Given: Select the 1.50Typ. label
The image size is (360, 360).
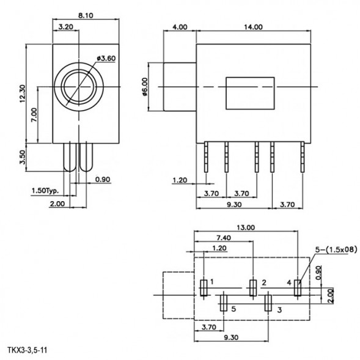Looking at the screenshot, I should pos(46,191).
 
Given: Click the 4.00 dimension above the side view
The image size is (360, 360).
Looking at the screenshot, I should pos(179,27).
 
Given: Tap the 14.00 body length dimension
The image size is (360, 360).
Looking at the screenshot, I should pos(252,27).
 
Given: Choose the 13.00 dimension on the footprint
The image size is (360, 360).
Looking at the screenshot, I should pos(246,227).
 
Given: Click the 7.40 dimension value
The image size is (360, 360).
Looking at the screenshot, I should pos(223,237).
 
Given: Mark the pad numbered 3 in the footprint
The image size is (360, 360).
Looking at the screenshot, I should pos(267,302).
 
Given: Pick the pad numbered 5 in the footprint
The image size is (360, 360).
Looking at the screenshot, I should pos(223,302).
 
